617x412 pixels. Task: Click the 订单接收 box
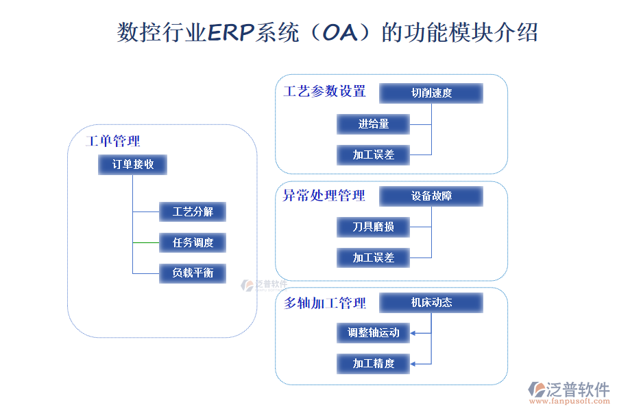point(133,165)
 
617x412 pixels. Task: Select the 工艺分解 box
point(193,211)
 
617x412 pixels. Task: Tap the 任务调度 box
point(193,242)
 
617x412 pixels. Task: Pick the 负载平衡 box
point(193,273)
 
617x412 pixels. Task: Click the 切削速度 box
point(431,93)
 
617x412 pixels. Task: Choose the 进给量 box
point(374,124)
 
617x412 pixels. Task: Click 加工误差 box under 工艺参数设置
point(374,154)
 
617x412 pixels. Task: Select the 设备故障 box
point(431,196)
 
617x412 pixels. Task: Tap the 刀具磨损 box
point(374,227)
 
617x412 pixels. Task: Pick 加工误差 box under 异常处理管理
point(374,257)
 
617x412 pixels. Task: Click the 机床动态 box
point(431,302)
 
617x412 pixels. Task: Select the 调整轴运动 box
point(374,333)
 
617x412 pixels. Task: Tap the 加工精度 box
point(374,363)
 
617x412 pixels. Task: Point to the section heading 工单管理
point(113,141)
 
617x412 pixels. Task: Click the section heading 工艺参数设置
point(324,91)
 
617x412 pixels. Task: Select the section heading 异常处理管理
point(324,196)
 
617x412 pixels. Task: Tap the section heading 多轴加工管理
point(324,303)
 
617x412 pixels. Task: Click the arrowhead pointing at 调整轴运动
point(413,333)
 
